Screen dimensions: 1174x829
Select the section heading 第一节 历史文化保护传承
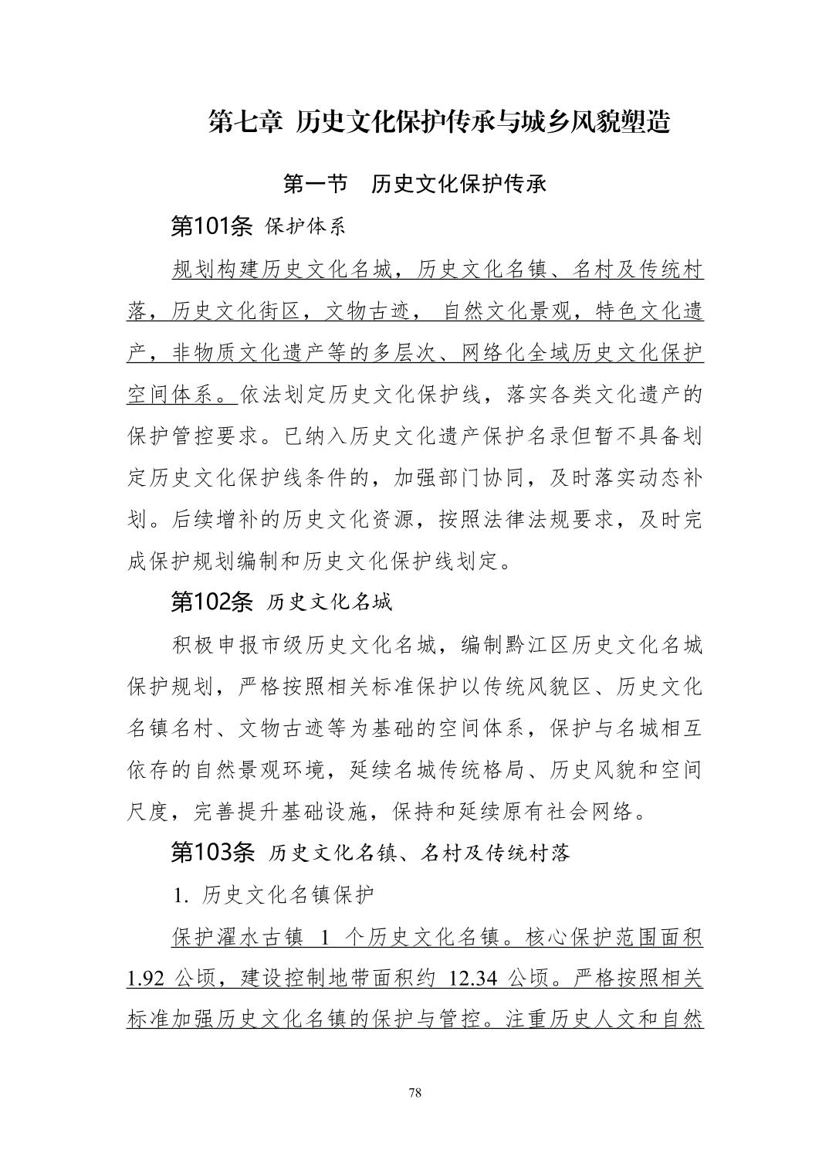[415, 184]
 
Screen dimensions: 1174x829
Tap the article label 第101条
[211, 226]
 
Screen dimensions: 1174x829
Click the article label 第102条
[211, 602]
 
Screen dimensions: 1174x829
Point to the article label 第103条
[211, 853]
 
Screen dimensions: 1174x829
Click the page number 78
[414, 1092]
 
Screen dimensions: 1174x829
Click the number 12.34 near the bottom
[473, 979]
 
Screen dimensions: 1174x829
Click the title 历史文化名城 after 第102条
[330, 602]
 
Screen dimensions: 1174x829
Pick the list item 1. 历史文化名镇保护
[274, 895]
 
